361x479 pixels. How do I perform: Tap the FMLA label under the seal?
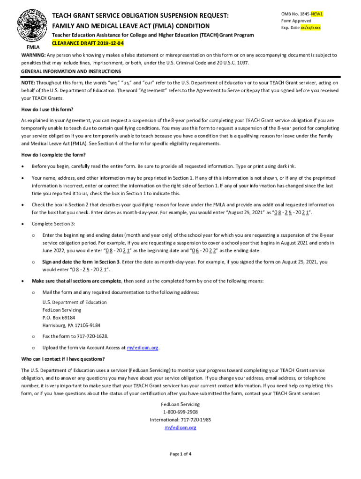click(x=33, y=48)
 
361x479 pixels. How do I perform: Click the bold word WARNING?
click(x=33, y=55)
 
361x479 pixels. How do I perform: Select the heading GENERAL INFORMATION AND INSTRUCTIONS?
click(x=71, y=72)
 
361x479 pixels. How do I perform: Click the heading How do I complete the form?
click(x=53, y=155)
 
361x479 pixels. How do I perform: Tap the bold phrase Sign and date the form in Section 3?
click(x=81, y=262)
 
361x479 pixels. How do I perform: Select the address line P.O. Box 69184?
click(x=59, y=318)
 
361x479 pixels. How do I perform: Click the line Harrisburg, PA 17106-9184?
click(x=71, y=326)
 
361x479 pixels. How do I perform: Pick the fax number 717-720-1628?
click(x=91, y=336)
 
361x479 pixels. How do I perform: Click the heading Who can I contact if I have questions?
click(x=63, y=359)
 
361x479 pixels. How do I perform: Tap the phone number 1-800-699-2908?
click(x=180, y=412)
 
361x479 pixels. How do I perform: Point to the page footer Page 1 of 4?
click(x=180, y=454)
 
